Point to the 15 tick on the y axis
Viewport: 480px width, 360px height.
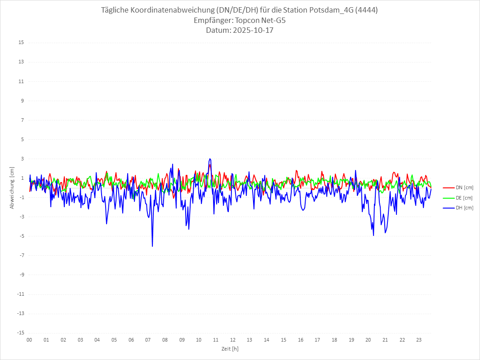tap(21, 43)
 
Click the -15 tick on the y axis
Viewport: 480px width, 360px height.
tap(20, 333)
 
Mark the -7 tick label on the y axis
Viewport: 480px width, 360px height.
tap(21, 255)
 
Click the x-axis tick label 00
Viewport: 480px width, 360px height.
tap(29, 340)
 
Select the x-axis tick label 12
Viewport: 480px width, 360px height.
tap(233, 340)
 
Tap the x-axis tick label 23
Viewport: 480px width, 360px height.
tap(419, 340)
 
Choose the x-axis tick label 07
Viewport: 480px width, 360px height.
tap(148, 340)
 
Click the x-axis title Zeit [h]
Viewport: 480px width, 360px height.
tap(230, 348)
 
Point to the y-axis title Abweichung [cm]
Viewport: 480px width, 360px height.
tap(12, 188)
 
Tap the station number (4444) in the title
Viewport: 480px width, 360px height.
tap(365, 10)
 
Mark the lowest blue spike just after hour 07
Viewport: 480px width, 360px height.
tap(152, 246)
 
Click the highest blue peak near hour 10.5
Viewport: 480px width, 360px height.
tap(210, 159)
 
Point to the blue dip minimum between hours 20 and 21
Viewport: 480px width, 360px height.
tap(373, 236)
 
